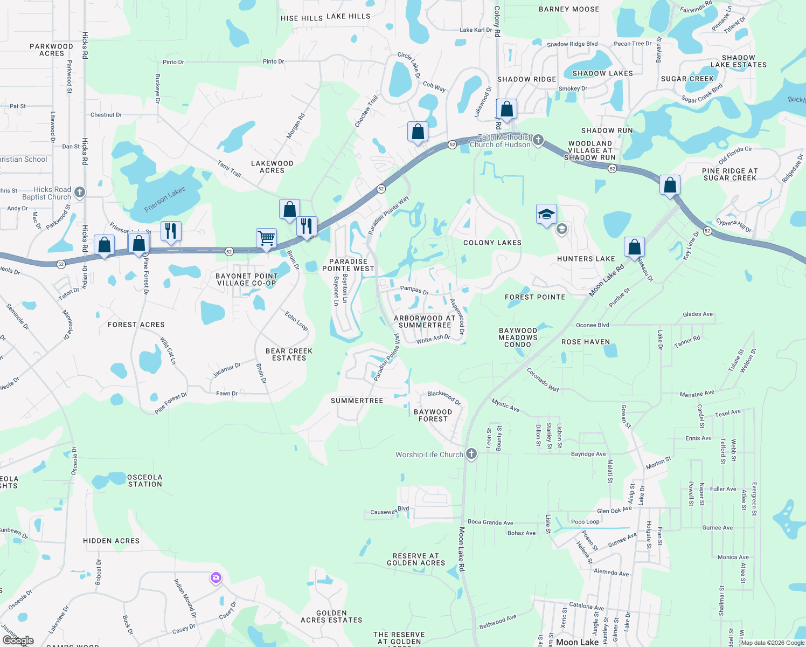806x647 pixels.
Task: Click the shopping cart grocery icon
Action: pyautogui.click(x=266, y=238)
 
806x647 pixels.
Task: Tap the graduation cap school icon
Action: pyautogui.click(x=546, y=214)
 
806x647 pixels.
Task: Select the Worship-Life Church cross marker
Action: pyautogui.click(x=471, y=454)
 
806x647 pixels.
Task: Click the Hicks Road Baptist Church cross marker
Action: pyautogui.click(x=80, y=192)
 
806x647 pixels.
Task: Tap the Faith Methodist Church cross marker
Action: pyautogui.click(x=538, y=140)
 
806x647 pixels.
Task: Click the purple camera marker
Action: pyautogui.click(x=216, y=578)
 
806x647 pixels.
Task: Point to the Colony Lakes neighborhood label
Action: pyautogui.click(x=492, y=243)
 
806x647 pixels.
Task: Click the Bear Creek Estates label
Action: pyautogui.click(x=289, y=354)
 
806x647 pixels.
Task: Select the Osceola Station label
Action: pyautogui.click(x=144, y=480)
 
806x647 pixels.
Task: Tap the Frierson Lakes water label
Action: pyautogui.click(x=165, y=199)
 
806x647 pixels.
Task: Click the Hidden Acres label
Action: pyautogui.click(x=111, y=541)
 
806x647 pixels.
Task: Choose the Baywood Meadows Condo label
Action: pyautogui.click(x=518, y=338)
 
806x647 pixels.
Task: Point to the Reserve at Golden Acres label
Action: pyautogui.click(x=416, y=559)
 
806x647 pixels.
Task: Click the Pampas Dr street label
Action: pyautogui.click(x=414, y=290)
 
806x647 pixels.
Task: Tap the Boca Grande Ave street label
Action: pyautogui.click(x=490, y=522)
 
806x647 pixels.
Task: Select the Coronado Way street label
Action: pyautogui.click(x=543, y=380)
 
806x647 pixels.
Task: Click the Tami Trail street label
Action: pyautogui.click(x=230, y=168)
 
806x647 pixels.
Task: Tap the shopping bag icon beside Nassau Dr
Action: pyautogui.click(x=634, y=247)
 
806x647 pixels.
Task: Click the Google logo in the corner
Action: pyautogui.click(x=18, y=640)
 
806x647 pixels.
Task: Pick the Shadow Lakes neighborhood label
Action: pyautogui.click(x=602, y=73)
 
